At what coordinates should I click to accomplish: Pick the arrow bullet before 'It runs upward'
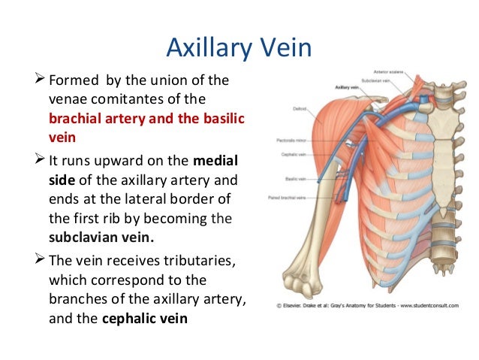41,161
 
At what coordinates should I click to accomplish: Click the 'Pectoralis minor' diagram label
290,141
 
